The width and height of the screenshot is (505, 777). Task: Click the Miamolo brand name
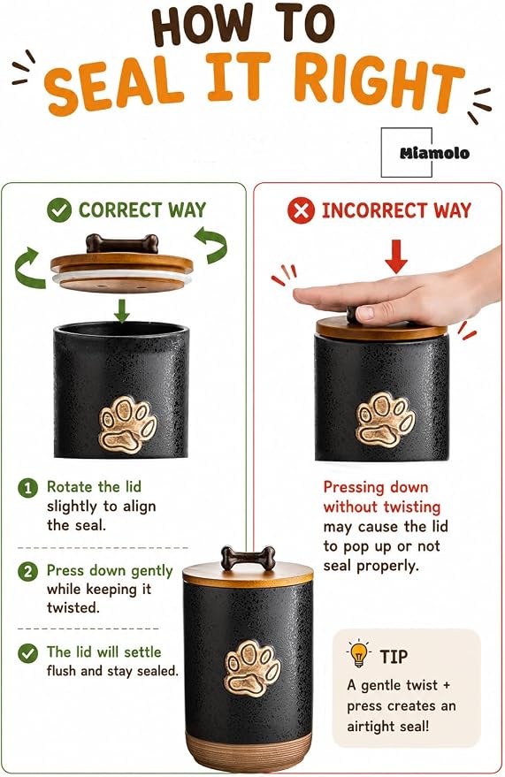click(434, 153)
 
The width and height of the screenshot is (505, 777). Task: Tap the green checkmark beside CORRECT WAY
click(59, 209)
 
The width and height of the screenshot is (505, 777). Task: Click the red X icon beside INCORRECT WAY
click(301, 210)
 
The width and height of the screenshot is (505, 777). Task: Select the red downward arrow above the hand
click(396, 256)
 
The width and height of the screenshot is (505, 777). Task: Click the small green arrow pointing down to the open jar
click(121, 310)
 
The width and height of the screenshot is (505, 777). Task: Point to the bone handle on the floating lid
click(122, 243)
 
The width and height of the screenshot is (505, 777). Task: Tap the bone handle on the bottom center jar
click(248, 558)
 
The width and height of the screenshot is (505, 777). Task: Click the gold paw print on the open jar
click(128, 424)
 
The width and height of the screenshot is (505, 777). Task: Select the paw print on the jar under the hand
click(385, 421)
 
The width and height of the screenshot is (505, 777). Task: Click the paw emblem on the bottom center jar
click(252, 667)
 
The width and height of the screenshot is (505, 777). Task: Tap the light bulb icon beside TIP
click(359, 653)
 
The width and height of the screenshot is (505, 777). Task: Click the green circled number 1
click(27, 488)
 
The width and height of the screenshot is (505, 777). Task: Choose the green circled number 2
click(27, 572)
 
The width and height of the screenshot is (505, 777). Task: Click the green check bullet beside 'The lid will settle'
click(27, 653)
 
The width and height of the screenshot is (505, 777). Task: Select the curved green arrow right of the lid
click(211, 244)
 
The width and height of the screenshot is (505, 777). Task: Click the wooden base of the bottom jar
click(249, 751)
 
